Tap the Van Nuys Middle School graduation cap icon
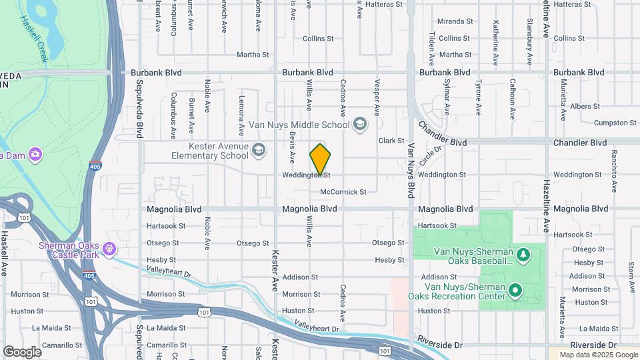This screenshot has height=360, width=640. coord(360,124)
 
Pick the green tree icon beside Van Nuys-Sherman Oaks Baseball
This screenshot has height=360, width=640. coord(523,255)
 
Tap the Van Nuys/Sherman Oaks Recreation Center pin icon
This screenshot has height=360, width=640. coord(515,290)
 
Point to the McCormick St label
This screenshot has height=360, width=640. coord(343,192)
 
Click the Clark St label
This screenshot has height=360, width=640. coord(391,141)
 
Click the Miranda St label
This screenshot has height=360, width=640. coord(455,22)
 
